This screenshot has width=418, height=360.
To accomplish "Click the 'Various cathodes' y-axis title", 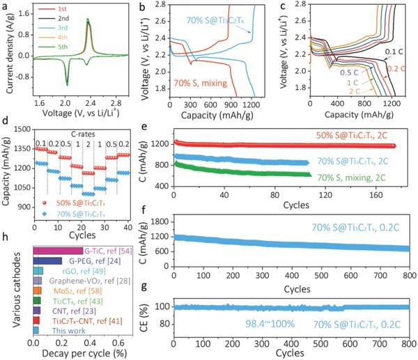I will pos(6,289).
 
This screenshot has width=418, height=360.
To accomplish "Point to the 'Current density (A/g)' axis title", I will pos(6,50).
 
